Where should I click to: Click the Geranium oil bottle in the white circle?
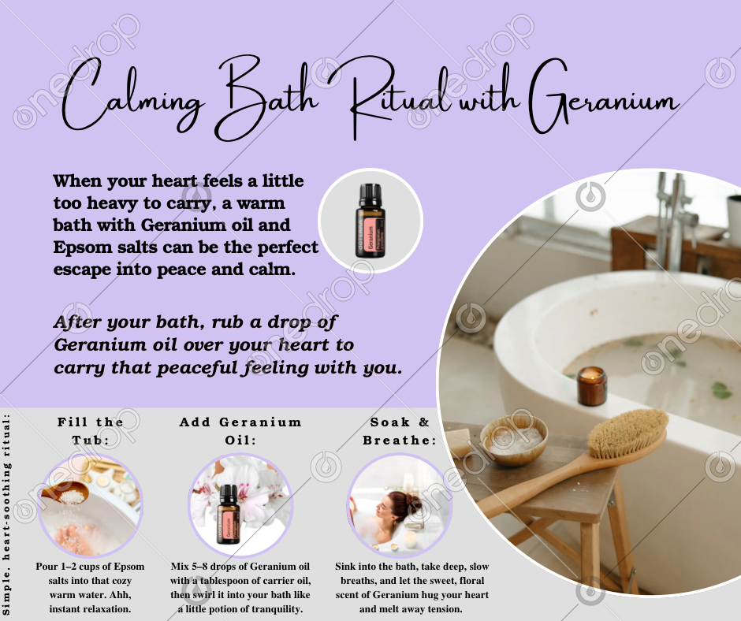[x=369, y=221]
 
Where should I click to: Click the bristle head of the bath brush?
[x=627, y=433]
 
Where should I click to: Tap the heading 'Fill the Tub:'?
[x=91, y=430]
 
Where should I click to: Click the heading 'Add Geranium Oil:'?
[x=240, y=430]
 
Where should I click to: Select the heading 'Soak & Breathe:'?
[x=400, y=430]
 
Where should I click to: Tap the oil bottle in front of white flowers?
[x=229, y=514]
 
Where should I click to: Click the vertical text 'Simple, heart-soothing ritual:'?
[x=6, y=514]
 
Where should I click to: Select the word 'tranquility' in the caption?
[x=276, y=608]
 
